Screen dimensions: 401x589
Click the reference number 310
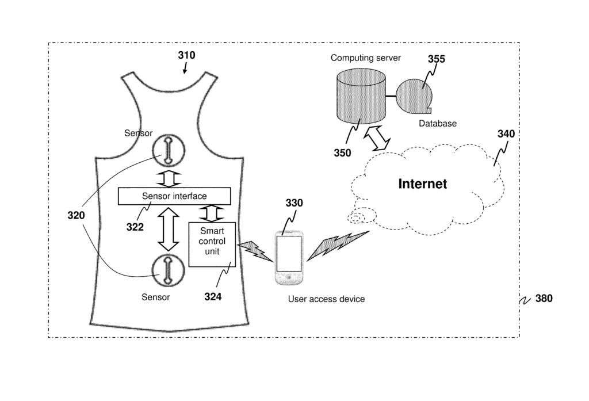(186, 55)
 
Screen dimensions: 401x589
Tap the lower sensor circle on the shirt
(168, 270)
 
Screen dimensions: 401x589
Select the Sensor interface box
(174, 196)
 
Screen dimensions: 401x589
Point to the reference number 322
(135, 227)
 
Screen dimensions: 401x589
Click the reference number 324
(213, 297)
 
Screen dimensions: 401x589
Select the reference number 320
(76, 216)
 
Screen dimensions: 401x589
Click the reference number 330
(294, 203)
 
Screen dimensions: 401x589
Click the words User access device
(326, 299)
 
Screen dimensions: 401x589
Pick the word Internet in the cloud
(423, 184)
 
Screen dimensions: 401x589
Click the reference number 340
(506, 133)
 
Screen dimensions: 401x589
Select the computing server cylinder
(359, 95)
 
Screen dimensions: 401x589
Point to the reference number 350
(342, 153)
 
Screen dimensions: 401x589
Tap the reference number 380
(544, 299)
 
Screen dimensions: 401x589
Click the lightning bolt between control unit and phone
(251, 249)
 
